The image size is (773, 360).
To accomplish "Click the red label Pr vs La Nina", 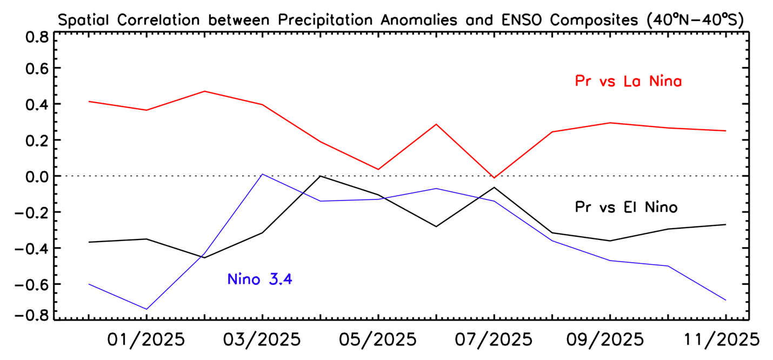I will (628, 82).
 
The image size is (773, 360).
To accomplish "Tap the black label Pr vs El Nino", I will (626, 207).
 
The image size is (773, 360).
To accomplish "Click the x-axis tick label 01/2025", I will (146, 340).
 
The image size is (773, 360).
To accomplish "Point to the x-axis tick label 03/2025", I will (262, 340).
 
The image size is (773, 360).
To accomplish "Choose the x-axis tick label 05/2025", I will (378, 340).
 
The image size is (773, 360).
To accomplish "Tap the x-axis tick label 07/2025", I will (494, 340).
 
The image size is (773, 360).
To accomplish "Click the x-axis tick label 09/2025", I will (609, 340).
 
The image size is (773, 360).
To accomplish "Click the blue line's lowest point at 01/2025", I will (146, 309).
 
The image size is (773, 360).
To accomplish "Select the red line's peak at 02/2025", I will (204, 91).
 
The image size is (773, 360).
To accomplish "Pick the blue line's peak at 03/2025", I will (262, 174).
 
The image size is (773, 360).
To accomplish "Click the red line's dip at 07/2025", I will (494, 178).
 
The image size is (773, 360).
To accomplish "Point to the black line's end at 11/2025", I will (725, 224).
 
